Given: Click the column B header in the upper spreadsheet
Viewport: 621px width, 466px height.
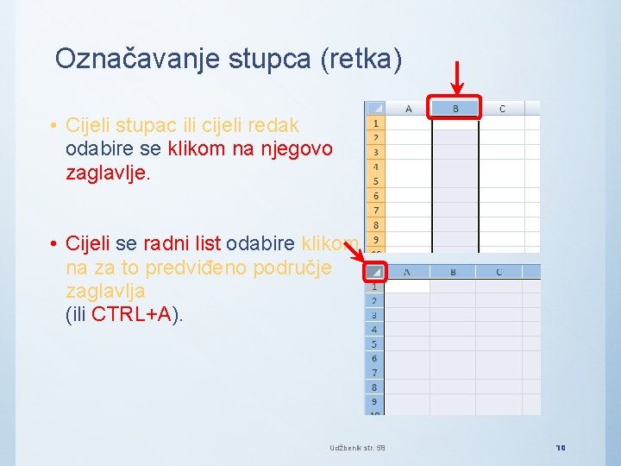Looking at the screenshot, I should (x=455, y=109).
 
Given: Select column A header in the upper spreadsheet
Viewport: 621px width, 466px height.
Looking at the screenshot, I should (x=408, y=109).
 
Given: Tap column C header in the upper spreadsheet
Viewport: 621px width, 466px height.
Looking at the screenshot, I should (x=502, y=109).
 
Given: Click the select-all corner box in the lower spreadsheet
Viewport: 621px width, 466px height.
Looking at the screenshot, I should (x=373, y=272).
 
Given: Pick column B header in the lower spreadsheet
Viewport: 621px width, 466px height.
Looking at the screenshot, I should (x=453, y=272).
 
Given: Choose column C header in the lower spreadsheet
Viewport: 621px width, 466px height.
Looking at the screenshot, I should (x=499, y=272).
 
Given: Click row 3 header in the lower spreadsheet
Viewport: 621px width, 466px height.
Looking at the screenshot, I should (x=373, y=315).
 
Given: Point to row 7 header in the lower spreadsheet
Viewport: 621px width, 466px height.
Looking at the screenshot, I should (x=373, y=373).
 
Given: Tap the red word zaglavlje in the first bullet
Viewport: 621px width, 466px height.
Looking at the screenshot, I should (x=107, y=173).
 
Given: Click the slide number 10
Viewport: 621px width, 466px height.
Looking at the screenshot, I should (x=561, y=448).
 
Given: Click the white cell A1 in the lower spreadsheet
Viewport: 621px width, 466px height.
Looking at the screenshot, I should (x=406, y=287).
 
